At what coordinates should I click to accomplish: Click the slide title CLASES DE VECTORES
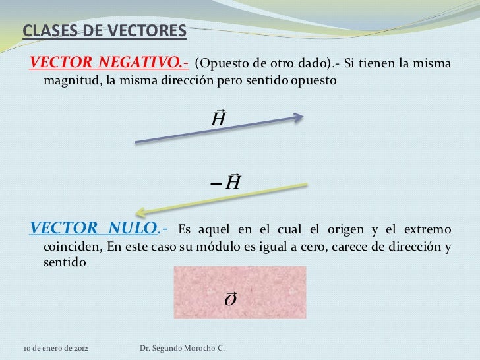point(105,31)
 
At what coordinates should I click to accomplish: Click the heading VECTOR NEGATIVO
point(109,63)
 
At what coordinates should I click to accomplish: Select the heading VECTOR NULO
point(95,229)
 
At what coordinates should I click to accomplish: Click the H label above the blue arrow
point(218,119)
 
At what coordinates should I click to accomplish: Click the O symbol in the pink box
point(231,299)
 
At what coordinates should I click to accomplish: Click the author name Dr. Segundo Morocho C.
point(183,347)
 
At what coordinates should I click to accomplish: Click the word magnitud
point(70,81)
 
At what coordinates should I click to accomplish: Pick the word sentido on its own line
point(64,262)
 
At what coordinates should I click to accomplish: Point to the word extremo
point(427,230)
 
